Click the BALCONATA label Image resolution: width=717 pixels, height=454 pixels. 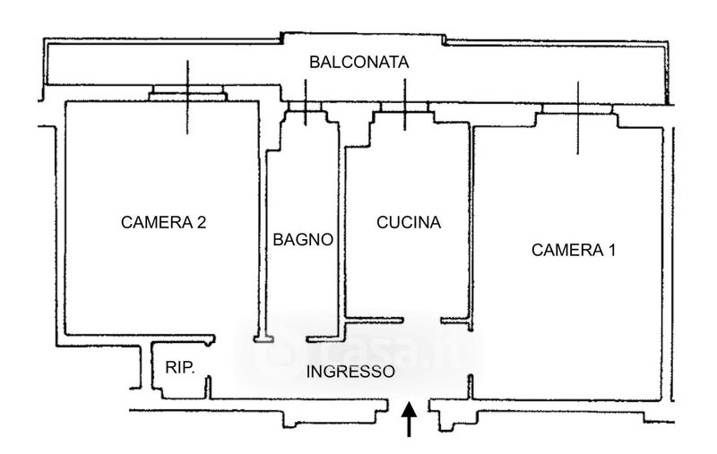pyautogui.click(x=358, y=63)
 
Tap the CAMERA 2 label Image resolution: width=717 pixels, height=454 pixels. pyautogui.click(x=164, y=222)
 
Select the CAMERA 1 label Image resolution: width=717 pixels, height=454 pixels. pyautogui.click(x=574, y=250)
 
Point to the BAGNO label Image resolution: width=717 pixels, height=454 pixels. pyautogui.click(x=304, y=240)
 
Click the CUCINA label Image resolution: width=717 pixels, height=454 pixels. pyautogui.click(x=409, y=223)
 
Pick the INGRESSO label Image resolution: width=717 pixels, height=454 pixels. pyautogui.click(x=350, y=372)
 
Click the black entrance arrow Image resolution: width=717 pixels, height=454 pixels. pyautogui.click(x=410, y=421)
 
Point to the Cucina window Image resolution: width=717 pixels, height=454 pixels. pyautogui.click(x=405, y=107)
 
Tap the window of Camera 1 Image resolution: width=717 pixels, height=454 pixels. pyautogui.click(x=577, y=108)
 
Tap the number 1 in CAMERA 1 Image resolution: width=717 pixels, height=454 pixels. pyautogui.click(x=611, y=250)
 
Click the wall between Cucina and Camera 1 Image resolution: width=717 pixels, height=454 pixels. pyautogui.click(x=471, y=224)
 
